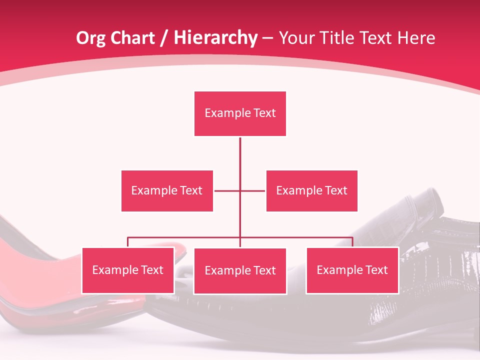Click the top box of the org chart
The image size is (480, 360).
click(240, 113)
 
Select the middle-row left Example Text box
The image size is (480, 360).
click(167, 190)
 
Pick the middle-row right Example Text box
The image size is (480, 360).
click(311, 190)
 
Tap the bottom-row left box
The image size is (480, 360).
click(128, 270)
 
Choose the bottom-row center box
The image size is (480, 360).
click(240, 270)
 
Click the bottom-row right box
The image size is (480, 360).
click(352, 270)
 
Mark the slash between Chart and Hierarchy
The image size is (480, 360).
click(164, 38)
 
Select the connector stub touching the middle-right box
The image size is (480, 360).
click(254, 190)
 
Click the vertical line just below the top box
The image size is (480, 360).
click(240, 150)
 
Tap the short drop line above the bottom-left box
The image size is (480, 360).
click(128, 242)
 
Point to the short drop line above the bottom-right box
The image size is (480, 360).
click(352, 242)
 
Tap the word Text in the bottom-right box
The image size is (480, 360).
click(376, 270)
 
